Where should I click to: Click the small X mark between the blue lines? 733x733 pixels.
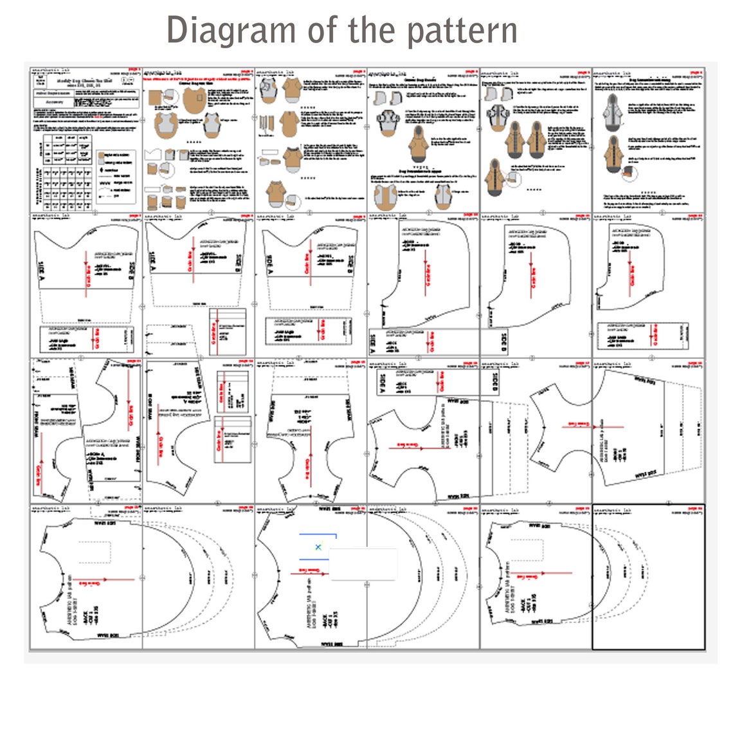318,547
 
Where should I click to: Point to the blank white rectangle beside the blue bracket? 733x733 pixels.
363,565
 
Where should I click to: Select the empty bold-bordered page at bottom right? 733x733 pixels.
648,577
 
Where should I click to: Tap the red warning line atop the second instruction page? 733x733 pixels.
198,79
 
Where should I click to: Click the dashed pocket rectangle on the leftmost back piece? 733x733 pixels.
95,551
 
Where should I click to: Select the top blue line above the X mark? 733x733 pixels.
318,534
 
